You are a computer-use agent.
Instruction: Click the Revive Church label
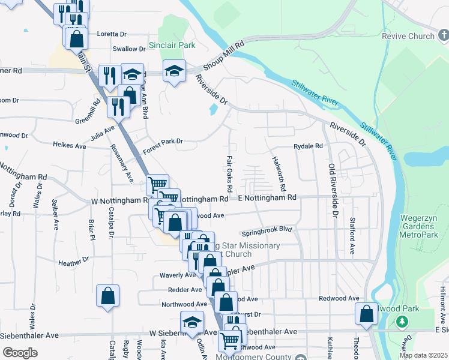point(408,36)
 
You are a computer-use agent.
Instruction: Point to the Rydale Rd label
point(308,146)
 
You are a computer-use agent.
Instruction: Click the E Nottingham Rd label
point(267,197)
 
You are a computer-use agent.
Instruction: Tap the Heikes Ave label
point(70,145)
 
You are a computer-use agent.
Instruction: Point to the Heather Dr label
point(74,261)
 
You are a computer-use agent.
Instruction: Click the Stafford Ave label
point(353,236)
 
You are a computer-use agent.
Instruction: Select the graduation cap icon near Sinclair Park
point(174,71)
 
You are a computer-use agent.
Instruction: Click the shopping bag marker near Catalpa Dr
point(107,296)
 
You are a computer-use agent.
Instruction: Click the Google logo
point(20,353)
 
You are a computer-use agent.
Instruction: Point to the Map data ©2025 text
point(423,355)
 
